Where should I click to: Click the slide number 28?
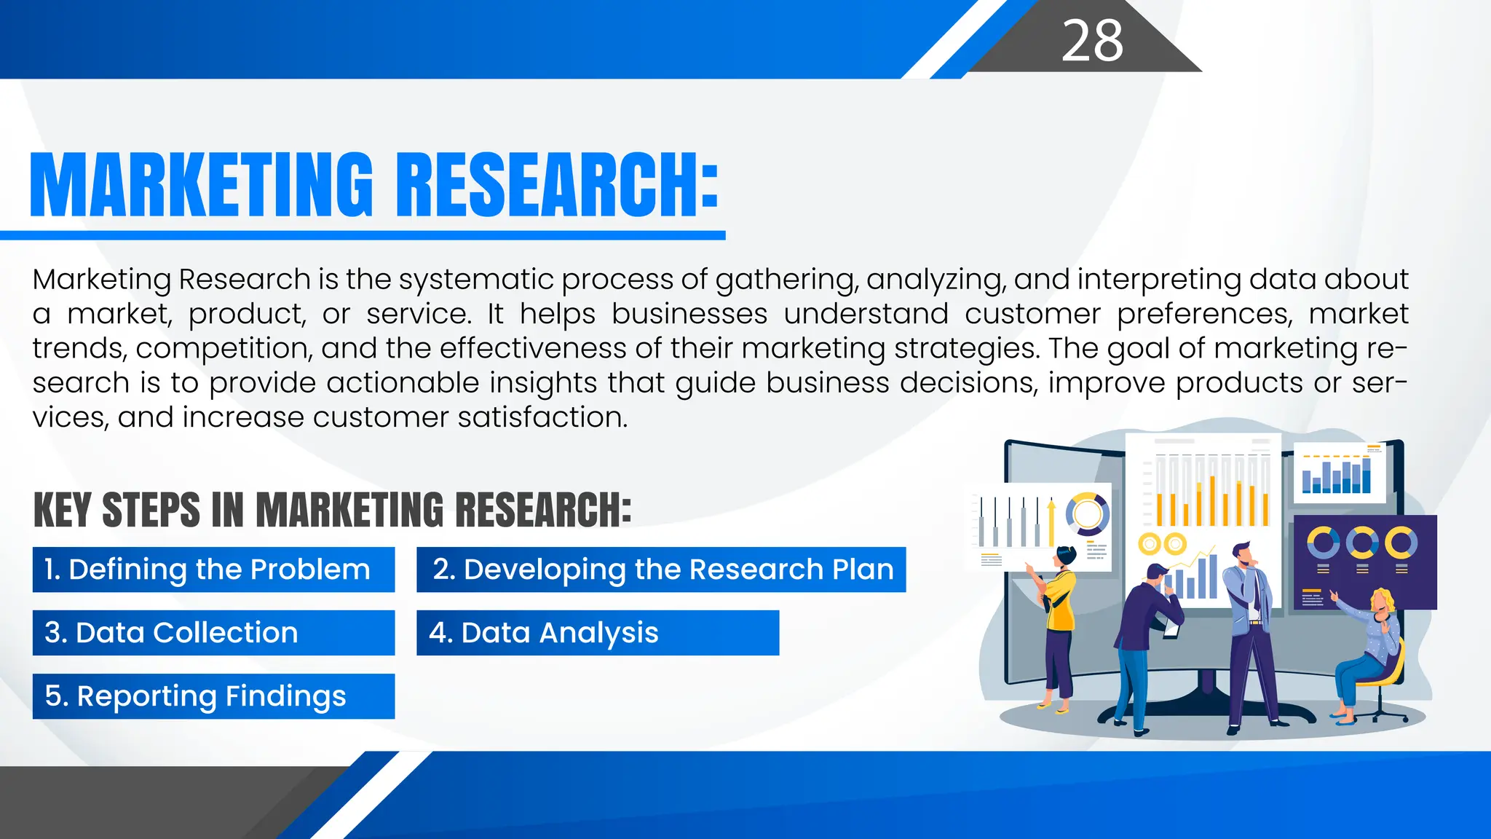[1092, 41]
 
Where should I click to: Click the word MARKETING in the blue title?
[201, 185]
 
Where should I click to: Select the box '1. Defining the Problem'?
[213, 570]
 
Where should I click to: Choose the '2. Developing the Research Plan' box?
[661, 570]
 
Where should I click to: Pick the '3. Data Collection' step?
[213, 633]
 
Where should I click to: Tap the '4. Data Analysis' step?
[597, 633]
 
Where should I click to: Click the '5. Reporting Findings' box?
[213, 696]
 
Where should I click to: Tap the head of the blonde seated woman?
[1382, 602]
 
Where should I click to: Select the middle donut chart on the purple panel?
[1362, 543]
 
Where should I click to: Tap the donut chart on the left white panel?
[1088, 514]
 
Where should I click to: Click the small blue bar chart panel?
[1338, 474]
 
